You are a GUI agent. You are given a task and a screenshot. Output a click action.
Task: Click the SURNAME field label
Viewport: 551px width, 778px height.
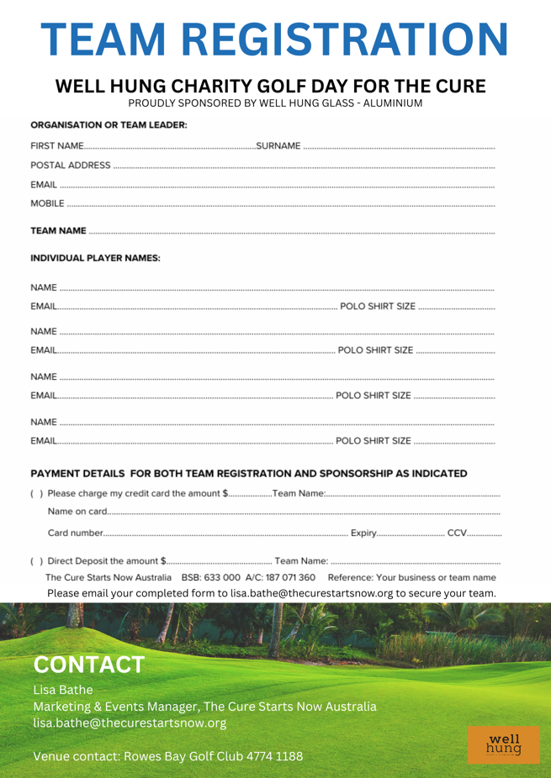pos(278,146)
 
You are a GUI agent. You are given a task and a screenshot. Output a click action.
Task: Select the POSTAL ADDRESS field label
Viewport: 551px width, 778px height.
pos(71,165)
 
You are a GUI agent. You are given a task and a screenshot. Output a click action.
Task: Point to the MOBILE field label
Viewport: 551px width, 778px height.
pos(48,203)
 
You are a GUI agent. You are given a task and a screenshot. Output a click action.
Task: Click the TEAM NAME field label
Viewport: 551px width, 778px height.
pos(58,230)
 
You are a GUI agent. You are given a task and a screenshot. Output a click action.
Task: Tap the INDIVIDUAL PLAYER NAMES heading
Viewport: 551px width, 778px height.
pos(95,257)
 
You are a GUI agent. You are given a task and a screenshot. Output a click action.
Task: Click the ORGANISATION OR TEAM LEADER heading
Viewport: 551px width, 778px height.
pos(109,125)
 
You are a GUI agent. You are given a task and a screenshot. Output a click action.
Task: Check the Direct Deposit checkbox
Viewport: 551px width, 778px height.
pos(35,560)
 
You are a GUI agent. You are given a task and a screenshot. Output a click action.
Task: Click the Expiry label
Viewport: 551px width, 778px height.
pos(363,533)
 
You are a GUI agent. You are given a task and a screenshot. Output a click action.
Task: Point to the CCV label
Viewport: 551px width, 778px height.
pos(457,533)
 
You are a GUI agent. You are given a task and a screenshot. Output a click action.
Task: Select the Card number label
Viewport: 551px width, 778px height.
pos(75,533)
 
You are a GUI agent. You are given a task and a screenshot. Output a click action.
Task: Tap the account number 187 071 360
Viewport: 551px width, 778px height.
pos(291,577)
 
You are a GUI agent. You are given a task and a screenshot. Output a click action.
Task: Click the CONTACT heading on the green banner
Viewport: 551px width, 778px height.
pos(88,665)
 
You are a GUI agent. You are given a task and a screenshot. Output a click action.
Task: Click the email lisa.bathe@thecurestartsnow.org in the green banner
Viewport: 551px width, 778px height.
pos(130,722)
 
